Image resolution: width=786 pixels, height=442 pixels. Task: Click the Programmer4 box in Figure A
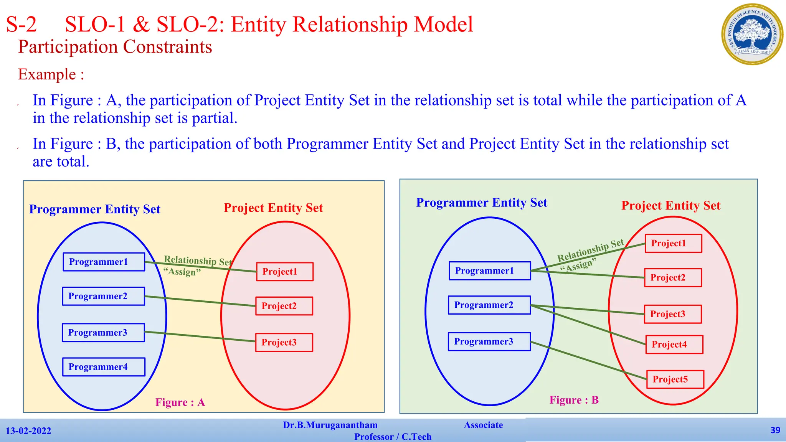click(104, 367)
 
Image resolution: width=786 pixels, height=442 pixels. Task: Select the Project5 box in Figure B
click(675, 379)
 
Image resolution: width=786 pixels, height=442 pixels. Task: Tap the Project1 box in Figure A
click(285, 272)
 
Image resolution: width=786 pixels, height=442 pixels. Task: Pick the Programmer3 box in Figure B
click(489, 341)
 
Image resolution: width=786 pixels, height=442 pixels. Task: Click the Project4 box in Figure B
click(674, 344)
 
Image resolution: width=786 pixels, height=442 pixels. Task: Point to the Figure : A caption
click(180, 402)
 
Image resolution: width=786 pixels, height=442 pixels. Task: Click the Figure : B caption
click(574, 400)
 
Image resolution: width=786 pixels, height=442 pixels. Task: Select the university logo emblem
click(752, 35)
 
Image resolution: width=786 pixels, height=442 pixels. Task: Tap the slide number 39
click(775, 430)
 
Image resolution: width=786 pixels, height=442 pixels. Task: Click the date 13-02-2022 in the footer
click(28, 431)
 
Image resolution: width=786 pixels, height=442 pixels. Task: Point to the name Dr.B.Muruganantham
click(330, 425)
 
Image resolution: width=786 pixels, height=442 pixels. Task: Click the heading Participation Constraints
click(115, 47)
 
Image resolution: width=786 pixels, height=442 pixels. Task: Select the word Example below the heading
click(47, 74)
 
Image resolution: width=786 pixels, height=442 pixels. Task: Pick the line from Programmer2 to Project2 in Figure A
click(200, 301)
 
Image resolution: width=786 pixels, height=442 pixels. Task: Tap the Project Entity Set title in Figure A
click(273, 208)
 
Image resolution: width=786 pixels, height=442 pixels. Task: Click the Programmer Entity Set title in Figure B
click(482, 203)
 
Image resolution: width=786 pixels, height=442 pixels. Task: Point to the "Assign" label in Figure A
click(182, 272)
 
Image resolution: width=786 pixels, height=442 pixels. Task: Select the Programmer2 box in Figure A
click(104, 296)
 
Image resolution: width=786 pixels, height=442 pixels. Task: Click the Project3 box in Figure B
click(673, 314)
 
